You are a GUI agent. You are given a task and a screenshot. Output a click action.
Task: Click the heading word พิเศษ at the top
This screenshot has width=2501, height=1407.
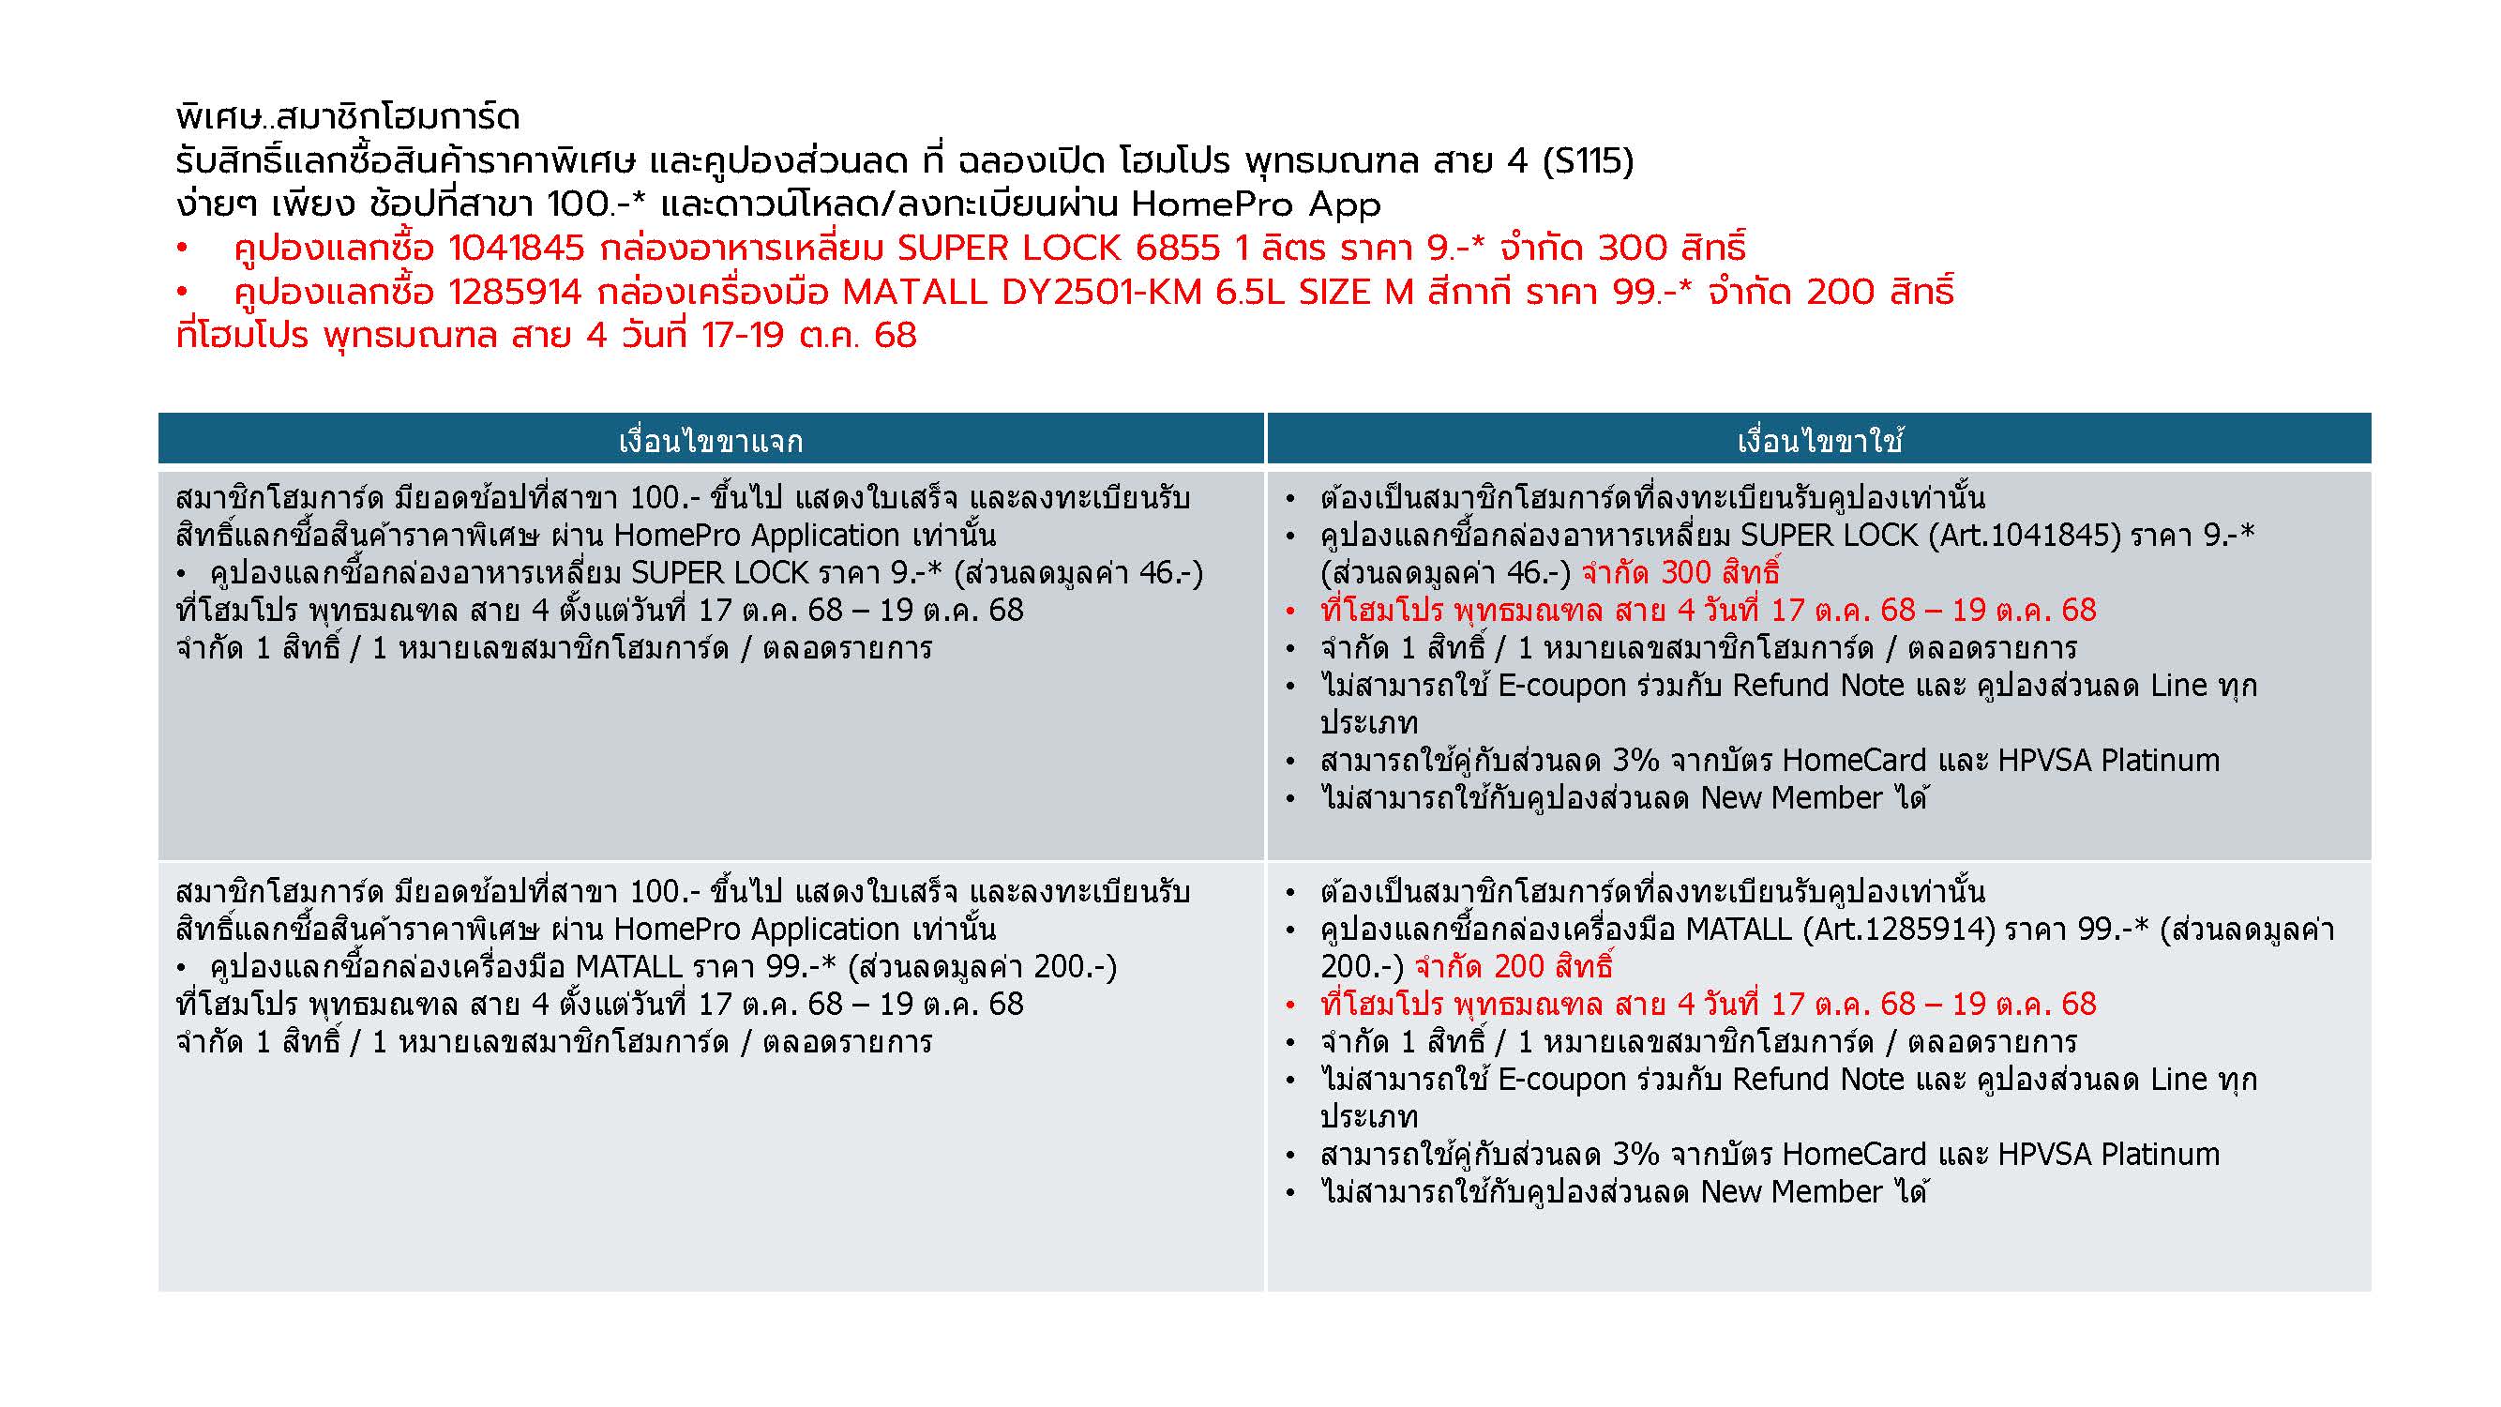point(218,118)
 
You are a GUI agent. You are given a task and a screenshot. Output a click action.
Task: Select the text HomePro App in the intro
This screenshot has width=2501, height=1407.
point(1256,204)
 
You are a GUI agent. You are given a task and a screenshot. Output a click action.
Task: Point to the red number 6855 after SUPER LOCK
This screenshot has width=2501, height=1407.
point(1177,249)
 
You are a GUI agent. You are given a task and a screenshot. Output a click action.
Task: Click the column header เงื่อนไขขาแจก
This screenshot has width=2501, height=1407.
point(711,443)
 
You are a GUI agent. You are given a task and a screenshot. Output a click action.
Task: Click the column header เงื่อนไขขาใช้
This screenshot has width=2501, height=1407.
point(1819,443)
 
